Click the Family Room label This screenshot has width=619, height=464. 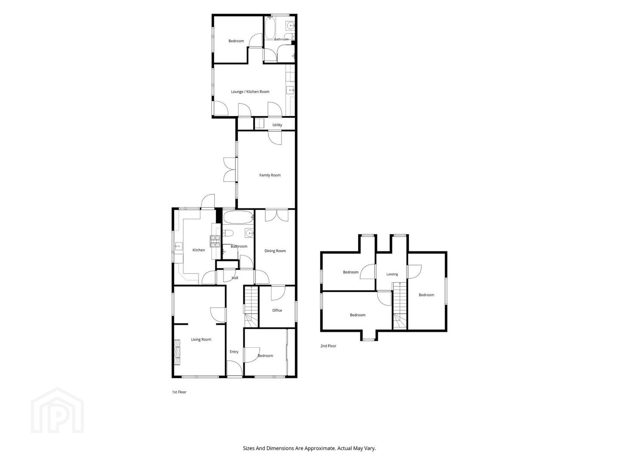(270, 175)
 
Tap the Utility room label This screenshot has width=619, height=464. (277, 125)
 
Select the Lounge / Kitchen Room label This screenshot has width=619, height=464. (250, 92)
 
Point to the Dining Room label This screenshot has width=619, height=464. (275, 251)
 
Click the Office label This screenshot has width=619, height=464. (277, 310)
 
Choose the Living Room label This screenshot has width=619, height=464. (201, 339)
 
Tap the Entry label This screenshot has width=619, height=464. (234, 351)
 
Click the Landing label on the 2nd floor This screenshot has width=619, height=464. (392, 274)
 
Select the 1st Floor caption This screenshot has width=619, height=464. (179, 392)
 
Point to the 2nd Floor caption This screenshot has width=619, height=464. (328, 346)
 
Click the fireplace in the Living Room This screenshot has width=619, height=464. (177, 352)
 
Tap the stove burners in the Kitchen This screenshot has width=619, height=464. (215, 241)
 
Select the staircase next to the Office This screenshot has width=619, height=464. (251, 306)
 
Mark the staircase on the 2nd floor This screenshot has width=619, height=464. (400, 305)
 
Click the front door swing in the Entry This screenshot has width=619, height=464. (235, 369)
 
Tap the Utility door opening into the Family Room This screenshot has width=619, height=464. (275, 138)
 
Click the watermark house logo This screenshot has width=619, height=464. (58, 410)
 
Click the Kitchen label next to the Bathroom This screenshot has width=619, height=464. (199, 250)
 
